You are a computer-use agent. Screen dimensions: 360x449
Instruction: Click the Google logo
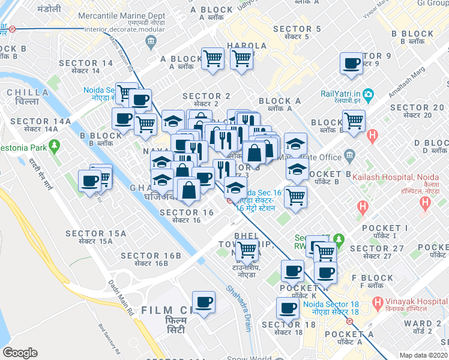tap(20, 352)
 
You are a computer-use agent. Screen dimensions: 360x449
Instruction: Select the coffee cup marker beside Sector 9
tap(351, 63)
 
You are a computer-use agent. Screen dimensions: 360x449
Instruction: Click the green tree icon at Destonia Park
tap(55, 145)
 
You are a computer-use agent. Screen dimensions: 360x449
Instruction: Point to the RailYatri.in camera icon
tap(368, 94)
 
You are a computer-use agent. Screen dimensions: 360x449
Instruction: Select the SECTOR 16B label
tap(151, 256)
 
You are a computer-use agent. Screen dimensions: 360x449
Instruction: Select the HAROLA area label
tap(247, 46)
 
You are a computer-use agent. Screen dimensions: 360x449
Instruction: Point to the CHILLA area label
tap(28, 92)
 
